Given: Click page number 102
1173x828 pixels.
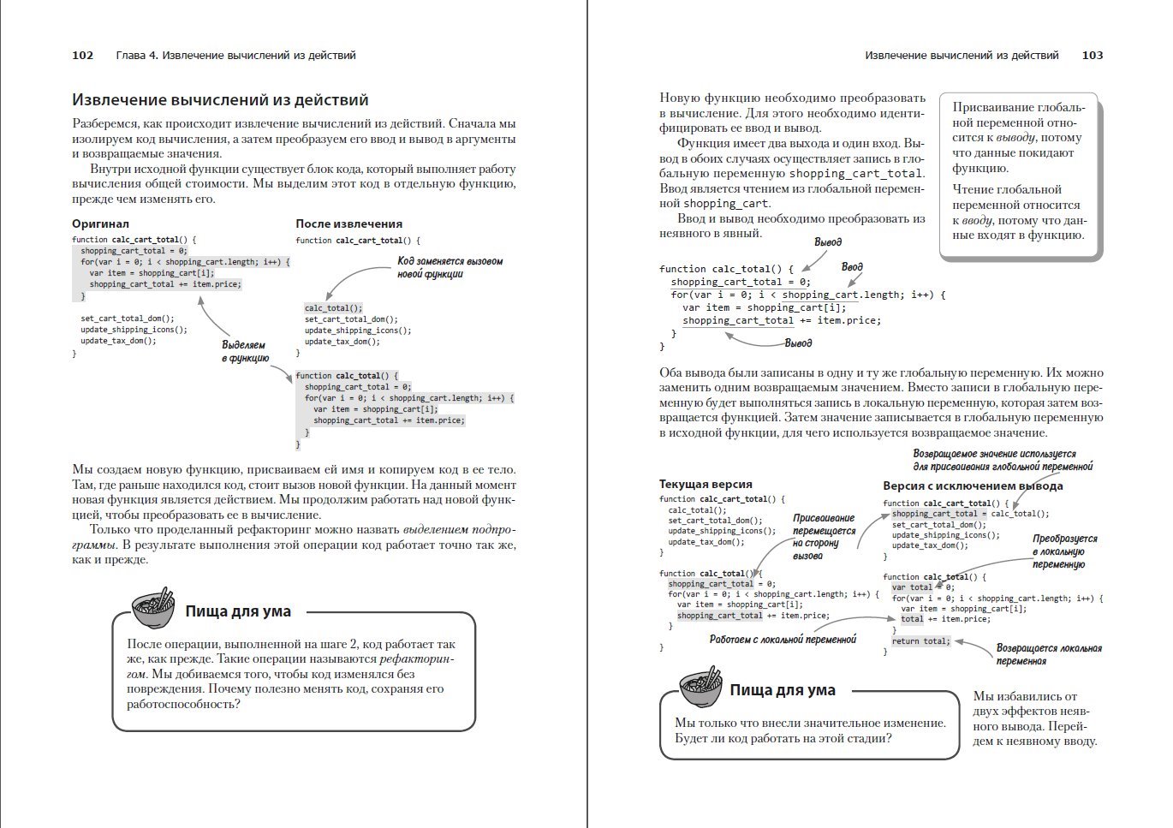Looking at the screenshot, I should coord(83,56).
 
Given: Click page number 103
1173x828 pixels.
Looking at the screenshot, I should coord(1093,56).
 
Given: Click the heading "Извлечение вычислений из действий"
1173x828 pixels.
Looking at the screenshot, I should coord(220,100).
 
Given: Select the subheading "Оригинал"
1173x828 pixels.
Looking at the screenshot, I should coord(100,223).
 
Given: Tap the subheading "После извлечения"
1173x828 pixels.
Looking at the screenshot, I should coord(348,223).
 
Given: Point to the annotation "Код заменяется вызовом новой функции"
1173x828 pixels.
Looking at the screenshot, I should coord(450,267).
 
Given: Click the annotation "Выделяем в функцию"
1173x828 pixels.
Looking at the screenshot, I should coord(245,351).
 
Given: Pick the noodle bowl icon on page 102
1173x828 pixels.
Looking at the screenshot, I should coord(153,607).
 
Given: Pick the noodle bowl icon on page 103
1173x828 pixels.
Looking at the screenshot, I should coord(700,686).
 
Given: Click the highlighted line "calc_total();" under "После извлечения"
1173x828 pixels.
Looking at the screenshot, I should coord(333,308).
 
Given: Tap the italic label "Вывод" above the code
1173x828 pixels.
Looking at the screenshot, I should coord(827,242).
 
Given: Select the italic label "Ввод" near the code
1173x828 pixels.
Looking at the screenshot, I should coord(852,267).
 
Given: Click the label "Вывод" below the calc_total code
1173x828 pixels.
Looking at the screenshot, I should coord(798,343).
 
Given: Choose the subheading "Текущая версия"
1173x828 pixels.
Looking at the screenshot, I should coord(706,485).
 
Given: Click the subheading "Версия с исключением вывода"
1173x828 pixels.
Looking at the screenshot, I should coord(973,486).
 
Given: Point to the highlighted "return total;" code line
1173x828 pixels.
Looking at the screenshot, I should coord(920,641).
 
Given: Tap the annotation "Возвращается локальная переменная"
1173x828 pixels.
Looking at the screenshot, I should coord(1049,654).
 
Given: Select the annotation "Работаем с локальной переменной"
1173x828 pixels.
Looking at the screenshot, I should coord(783,640).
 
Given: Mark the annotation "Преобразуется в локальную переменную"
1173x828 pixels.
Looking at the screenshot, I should coord(1063,551).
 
